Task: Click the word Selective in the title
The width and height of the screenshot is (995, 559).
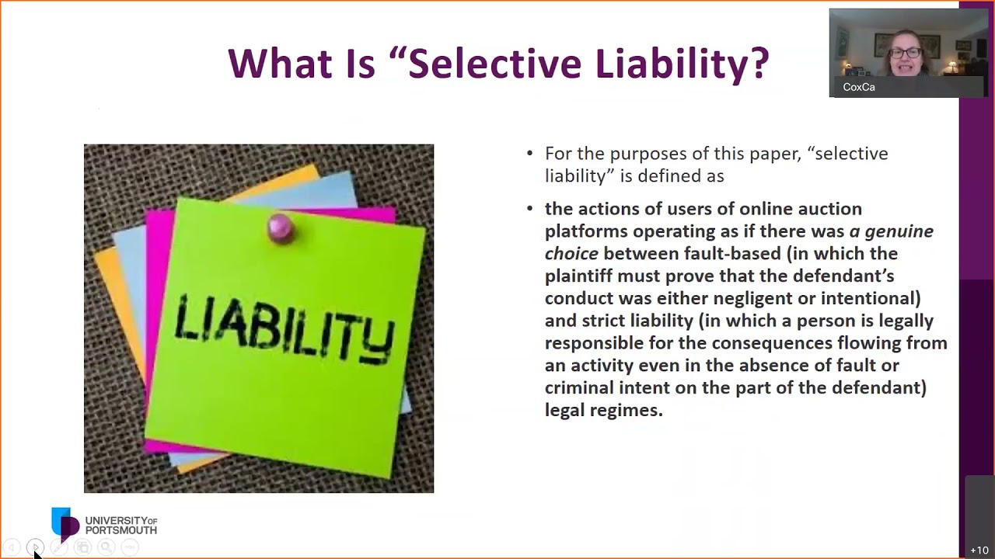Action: click(494, 63)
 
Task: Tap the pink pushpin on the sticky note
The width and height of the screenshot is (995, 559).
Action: click(281, 228)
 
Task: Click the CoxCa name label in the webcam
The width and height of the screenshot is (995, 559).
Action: click(859, 88)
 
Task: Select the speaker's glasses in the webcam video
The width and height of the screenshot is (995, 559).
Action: click(906, 53)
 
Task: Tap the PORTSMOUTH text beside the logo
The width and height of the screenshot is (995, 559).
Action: click(121, 530)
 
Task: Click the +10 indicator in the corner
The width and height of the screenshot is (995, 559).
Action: click(979, 550)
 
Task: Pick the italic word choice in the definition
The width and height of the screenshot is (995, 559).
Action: click(571, 253)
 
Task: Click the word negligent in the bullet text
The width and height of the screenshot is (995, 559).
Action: click(753, 299)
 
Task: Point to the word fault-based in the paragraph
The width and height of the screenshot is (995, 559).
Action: click(732, 253)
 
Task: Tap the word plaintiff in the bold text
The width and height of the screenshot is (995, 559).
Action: click(578, 276)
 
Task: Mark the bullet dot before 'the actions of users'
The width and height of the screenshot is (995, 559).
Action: click(529, 209)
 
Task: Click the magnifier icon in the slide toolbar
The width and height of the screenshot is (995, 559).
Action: click(106, 547)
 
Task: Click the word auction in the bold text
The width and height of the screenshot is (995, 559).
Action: click(829, 209)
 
